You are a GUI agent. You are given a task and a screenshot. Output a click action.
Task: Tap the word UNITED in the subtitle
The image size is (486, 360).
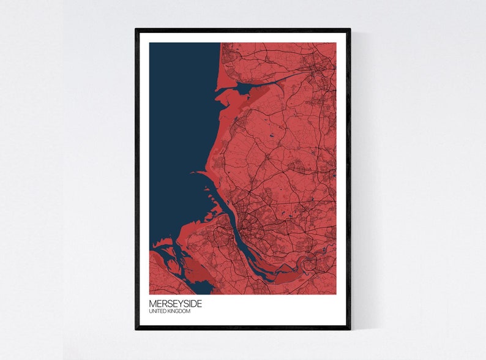click(x=157, y=312)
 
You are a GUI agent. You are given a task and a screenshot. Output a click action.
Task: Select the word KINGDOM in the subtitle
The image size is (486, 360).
click(x=179, y=312)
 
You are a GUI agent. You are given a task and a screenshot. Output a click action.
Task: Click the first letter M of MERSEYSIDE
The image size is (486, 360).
click(x=152, y=303)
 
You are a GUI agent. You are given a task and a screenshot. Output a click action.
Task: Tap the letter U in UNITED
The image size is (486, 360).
click(x=151, y=312)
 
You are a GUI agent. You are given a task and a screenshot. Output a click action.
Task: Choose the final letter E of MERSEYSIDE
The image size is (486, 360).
click(x=200, y=303)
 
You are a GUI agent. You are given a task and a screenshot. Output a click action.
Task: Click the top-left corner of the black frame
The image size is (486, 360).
click(x=136, y=29)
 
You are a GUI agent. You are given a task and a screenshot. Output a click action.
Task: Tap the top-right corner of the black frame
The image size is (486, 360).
click(x=350, y=29)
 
